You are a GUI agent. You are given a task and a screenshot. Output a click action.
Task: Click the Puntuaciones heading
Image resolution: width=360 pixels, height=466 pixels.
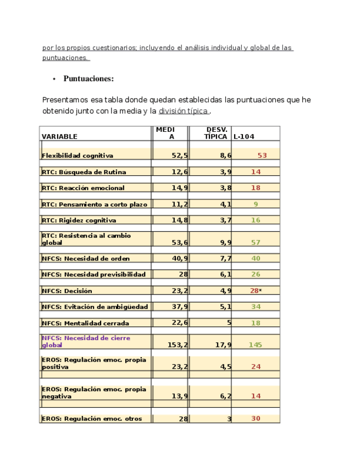pyautogui.click(x=88, y=79)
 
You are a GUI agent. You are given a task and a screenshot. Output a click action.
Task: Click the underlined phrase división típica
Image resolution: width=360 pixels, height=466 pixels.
pyautogui.click(x=183, y=111)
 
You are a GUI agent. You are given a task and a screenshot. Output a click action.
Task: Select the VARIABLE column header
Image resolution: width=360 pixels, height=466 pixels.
pyautogui.click(x=59, y=136)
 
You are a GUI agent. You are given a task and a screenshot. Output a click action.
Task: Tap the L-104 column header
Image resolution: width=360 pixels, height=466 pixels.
pyautogui.click(x=243, y=136)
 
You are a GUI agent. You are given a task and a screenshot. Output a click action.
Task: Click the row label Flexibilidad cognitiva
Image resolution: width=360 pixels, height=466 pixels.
pyautogui.click(x=77, y=156)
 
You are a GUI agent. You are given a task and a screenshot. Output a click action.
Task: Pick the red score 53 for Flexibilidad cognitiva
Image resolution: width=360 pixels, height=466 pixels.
pyautogui.click(x=262, y=156)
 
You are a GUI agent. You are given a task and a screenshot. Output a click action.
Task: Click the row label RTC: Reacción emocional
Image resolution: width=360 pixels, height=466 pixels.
pyautogui.click(x=83, y=188)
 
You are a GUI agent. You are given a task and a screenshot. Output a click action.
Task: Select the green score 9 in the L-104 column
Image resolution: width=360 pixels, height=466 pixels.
pyautogui.click(x=256, y=204)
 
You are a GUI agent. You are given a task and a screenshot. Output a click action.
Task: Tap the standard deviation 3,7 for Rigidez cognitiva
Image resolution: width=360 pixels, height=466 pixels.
pyautogui.click(x=225, y=220)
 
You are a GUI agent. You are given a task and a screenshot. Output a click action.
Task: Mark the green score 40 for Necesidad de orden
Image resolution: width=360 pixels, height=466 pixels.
pyautogui.click(x=256, y=258)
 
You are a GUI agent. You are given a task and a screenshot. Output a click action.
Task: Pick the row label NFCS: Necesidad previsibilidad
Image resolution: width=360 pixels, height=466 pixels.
pyautogui.click(x=94, y=274)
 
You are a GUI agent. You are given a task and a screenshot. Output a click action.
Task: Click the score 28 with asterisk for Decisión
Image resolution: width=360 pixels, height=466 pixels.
pyautogui.click(x=255, y=290)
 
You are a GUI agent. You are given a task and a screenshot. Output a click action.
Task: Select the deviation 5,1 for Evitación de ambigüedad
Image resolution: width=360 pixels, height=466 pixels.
pyautogui.click(x=225, y=307)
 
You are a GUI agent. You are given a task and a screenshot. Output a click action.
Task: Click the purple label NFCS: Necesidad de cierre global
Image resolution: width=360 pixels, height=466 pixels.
pyautogui.click(x=86, y=341)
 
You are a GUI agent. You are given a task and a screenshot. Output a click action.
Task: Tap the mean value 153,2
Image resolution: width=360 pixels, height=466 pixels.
pyautogui.click(x=178, y=345)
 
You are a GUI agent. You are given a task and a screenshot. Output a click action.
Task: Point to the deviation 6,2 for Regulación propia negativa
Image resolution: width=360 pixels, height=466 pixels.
pyautogui.click(x=225, y=396)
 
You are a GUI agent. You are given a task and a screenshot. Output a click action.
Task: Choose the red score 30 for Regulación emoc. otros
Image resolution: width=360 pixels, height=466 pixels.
pyautogui.click(x=256, y=419)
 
